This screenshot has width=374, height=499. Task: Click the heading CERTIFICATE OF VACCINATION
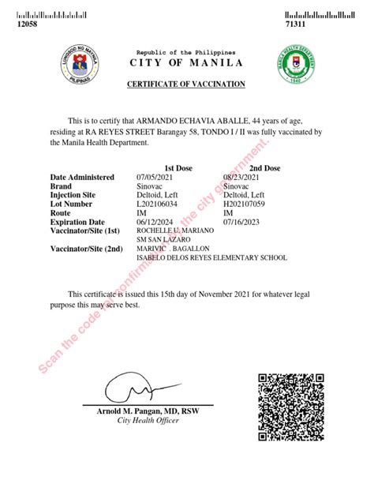[x=186, y=84]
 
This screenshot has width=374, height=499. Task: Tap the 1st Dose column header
[x=179, y=168]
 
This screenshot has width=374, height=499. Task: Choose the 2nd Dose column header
[x=265, y=168]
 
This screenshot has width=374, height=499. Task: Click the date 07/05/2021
[x=155, y=178]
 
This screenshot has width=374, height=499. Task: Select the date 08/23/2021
[x=241, y=178]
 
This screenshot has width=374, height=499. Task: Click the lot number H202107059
[x=246, y=204]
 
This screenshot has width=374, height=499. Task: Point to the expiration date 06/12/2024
[x=155, y=222]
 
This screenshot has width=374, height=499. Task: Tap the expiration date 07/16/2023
[x=241, y=222]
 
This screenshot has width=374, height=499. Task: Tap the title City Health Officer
[x=148, y=422]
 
